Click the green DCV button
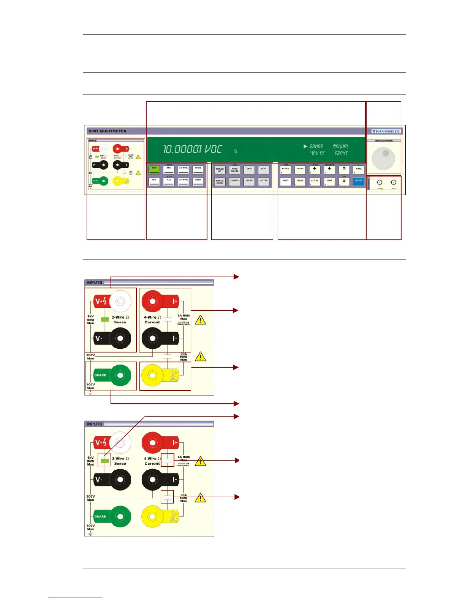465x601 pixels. coord(154,170)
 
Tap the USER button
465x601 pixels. coord(198,181)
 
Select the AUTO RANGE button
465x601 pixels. coord(234,170)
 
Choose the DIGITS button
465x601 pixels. coord(249,182)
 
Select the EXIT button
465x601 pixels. coord(329,182)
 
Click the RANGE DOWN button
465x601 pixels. coord(220,182)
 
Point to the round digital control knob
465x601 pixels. coord(383,158)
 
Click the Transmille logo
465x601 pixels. coord(386,131)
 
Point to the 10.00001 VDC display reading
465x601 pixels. coord(192,149)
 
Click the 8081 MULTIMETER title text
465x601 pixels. coord(108,131)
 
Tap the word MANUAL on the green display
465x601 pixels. coord(340,146)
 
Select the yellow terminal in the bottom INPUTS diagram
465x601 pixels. coord(152,516)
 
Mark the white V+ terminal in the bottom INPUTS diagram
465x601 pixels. coord(120,442)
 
